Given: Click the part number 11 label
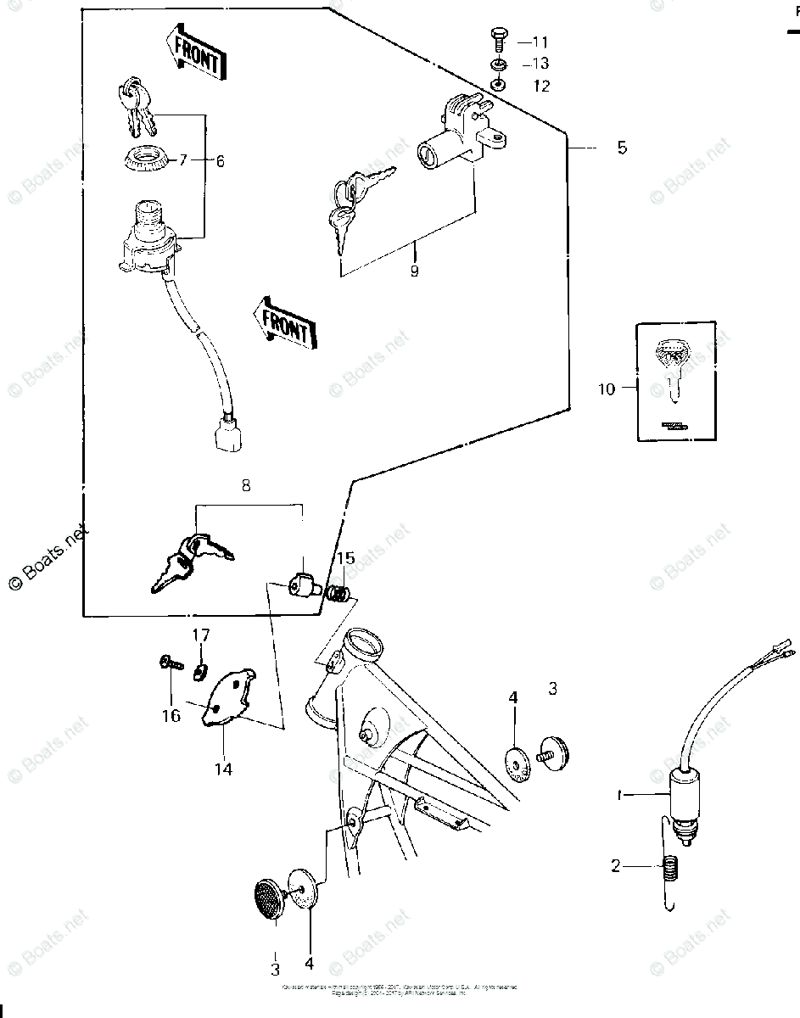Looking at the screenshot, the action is pos(540,42).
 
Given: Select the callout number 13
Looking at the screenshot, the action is pos(540,64).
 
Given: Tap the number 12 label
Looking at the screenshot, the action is pos(540,86).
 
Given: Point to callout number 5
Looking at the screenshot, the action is pos(622,148).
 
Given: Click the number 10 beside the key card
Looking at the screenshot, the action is pos(606,389).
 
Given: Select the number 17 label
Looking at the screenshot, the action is pos(200,635).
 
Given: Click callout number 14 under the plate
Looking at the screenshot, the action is pos(224,769).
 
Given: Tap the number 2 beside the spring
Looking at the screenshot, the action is pos(617,866).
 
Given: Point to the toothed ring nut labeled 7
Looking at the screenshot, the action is pos(147,159).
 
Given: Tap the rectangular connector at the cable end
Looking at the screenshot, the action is pos(223,436).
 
